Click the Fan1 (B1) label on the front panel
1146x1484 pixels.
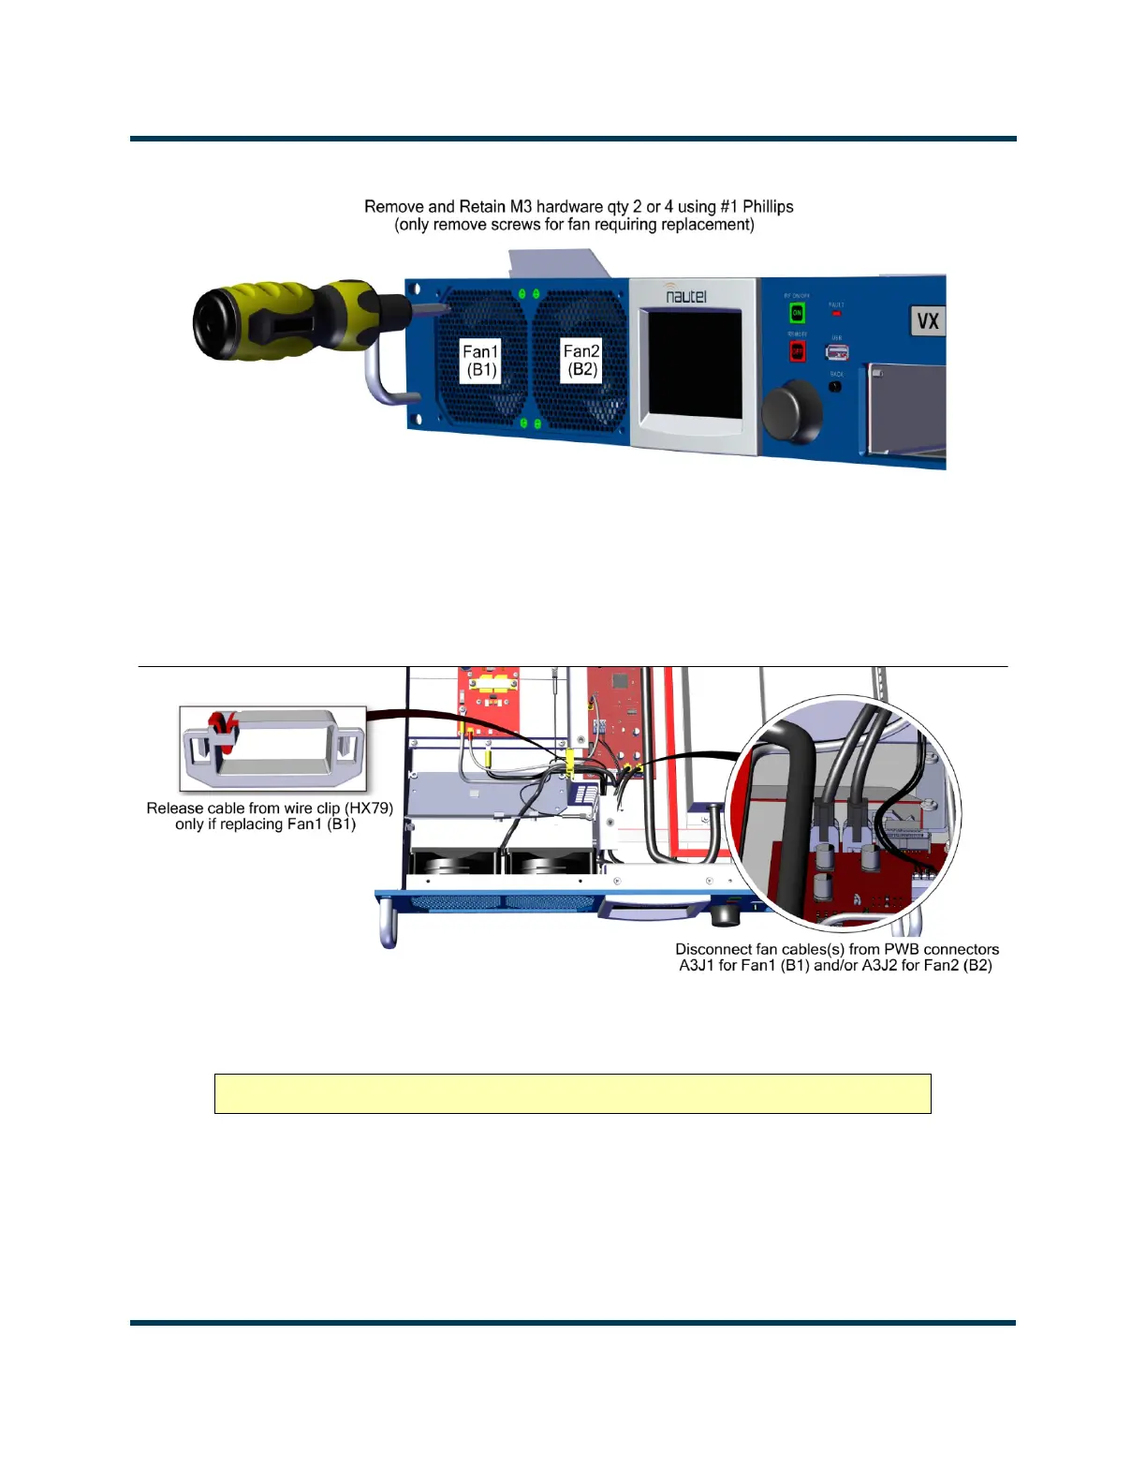click(x=481, y=361)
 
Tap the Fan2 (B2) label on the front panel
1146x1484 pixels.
click(x=581, y=360)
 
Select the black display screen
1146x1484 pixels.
click(x=695, y=364)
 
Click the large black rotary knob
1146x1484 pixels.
click(x=792, y=410)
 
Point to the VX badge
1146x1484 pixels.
click(x=927, y=321)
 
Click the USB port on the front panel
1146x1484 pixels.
click(x=836, y=351)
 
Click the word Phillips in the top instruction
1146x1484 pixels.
click(x=768, y=206)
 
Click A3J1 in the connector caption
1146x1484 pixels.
click(x=697, y=965)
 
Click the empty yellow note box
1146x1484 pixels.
click(x=572, y=1093)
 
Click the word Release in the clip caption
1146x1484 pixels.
click(x=175, y=808)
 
